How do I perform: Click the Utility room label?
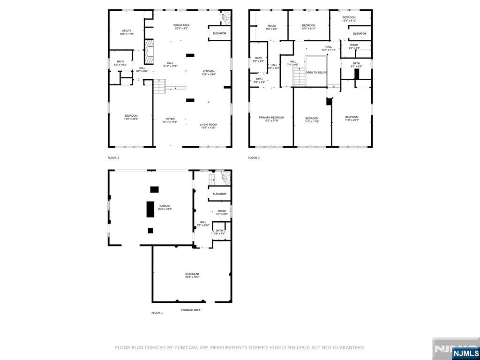click(x=127, y=32)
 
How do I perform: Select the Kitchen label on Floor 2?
click(x=208, y=73)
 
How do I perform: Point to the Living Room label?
click(x=208, y=126)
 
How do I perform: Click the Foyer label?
click(x=170, y=120)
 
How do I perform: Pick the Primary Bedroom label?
click(x=271, y=119)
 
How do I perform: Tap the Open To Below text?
click(x=316, y=73)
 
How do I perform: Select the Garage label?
click(x=165, y=208)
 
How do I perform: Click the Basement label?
click(x=192, y=276)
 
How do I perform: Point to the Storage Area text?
click(x=191, y=310)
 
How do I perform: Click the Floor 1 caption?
click(x=157, y=313)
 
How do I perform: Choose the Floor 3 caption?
click(x=254, y=158)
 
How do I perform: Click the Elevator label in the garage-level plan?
click(x=219, y=194)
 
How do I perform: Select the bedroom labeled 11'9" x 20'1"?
click(x=352, y=119)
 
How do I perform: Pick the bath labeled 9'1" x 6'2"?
click(x=356, y=65)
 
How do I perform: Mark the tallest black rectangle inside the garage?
click(x=150, y=209)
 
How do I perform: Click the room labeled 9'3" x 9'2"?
click(x=272, y=27)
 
